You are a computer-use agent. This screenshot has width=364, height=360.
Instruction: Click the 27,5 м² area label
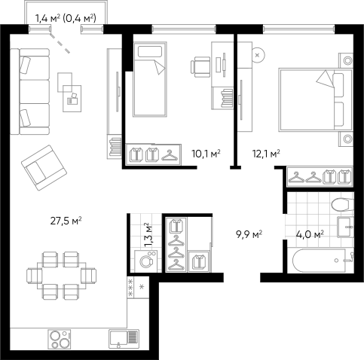(x=66, y=221)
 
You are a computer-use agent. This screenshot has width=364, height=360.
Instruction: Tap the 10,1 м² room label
(x=206, y=154)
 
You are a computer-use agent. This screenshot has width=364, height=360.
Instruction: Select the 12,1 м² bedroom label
(x=266, y=154)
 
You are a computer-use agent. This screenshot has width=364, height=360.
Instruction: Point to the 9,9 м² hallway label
(x=249, y=234)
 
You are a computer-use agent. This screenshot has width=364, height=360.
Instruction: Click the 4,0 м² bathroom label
(x=310, y=234)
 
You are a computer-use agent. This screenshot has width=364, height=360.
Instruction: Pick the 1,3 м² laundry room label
(x=148, y=235)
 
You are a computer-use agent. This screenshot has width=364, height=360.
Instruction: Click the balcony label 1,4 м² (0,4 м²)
(x=66, y=18)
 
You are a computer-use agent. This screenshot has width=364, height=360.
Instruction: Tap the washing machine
(x=146, y=261)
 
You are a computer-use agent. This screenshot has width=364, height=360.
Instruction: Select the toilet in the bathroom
(x=342, y=205)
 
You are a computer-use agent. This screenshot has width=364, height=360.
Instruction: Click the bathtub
(x=319, y=261)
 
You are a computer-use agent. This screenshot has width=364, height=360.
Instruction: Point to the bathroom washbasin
(x=345, y=227)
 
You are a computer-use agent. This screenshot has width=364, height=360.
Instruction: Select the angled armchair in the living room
(x=44, y=167)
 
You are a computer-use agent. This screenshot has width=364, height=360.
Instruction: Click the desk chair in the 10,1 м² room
(x=200, y=67)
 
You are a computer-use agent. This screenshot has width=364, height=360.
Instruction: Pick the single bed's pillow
(x=149, y=51)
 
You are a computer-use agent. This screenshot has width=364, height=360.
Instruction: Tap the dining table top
(x=62, y=276)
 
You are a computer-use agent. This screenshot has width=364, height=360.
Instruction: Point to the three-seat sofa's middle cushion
(x=35, y=92)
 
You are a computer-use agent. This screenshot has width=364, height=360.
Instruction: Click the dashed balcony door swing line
(x=60, y=43)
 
